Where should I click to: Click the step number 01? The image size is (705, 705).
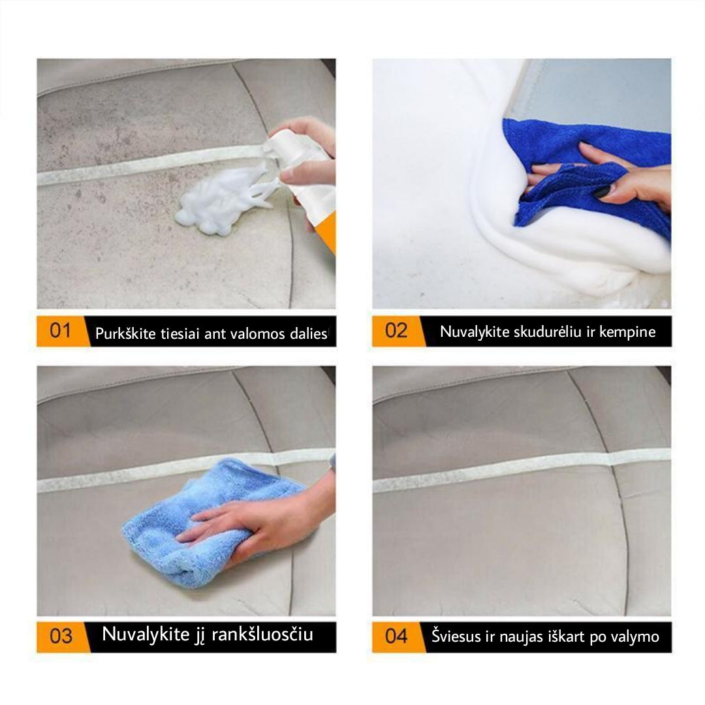click(60, 331)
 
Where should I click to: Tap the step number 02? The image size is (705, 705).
click(396, 330)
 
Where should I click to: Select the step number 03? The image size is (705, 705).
click(61, 636)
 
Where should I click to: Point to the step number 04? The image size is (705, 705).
click(396, 636)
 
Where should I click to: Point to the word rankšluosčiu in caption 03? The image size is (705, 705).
click(262, 634)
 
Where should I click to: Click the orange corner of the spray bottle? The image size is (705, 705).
click(327, 233)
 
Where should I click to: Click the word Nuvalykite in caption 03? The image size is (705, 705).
click(146, 634)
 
